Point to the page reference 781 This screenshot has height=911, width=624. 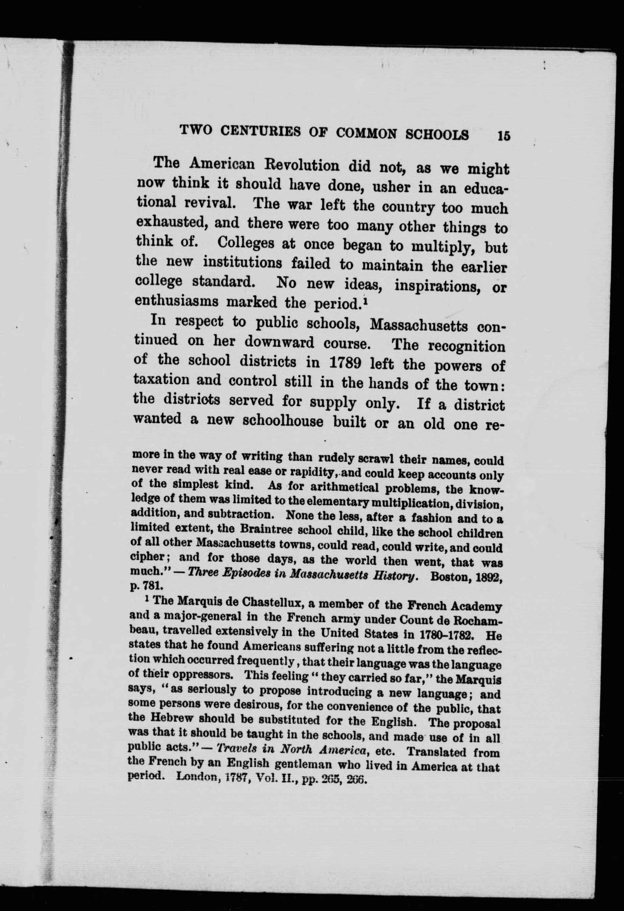(150, 587)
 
